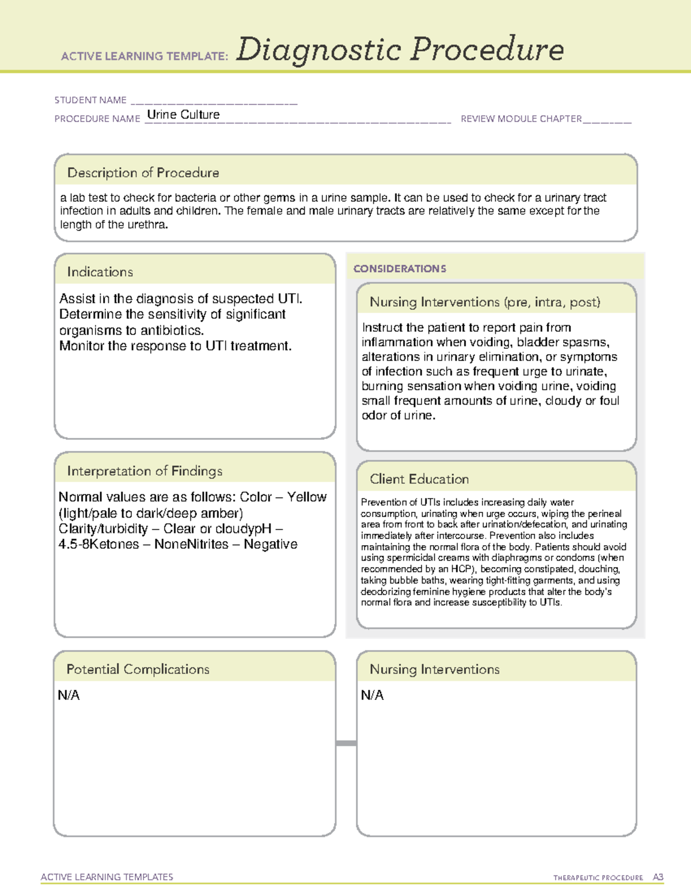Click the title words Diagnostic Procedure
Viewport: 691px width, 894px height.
pos(400,50)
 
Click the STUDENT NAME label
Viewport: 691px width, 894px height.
pos(90,100)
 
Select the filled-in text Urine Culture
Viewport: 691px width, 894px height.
pos(183,115)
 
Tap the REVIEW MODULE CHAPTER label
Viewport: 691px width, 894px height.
pos(521,119)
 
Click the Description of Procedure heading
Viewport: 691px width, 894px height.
pos(143,173)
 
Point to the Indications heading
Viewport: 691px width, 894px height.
pos(100,272)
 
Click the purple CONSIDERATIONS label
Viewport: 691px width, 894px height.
pos(400,269)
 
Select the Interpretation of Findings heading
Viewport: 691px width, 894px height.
pos(145,471)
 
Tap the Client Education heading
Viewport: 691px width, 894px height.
pos(419,479)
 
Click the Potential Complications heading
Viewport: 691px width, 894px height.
pos(138,669)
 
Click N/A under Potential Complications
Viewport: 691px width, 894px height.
pos(69,695)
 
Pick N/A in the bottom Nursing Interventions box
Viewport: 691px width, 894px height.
pos(372,695)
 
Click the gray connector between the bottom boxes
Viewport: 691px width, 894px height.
pos(346,743)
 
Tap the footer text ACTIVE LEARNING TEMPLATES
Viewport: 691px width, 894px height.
pos(107,877)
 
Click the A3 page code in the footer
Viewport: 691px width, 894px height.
pos(658,877)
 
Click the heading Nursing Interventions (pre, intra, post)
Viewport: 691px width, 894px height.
pos(485,302)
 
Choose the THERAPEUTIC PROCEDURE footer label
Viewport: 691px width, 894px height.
pos(598,878)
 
